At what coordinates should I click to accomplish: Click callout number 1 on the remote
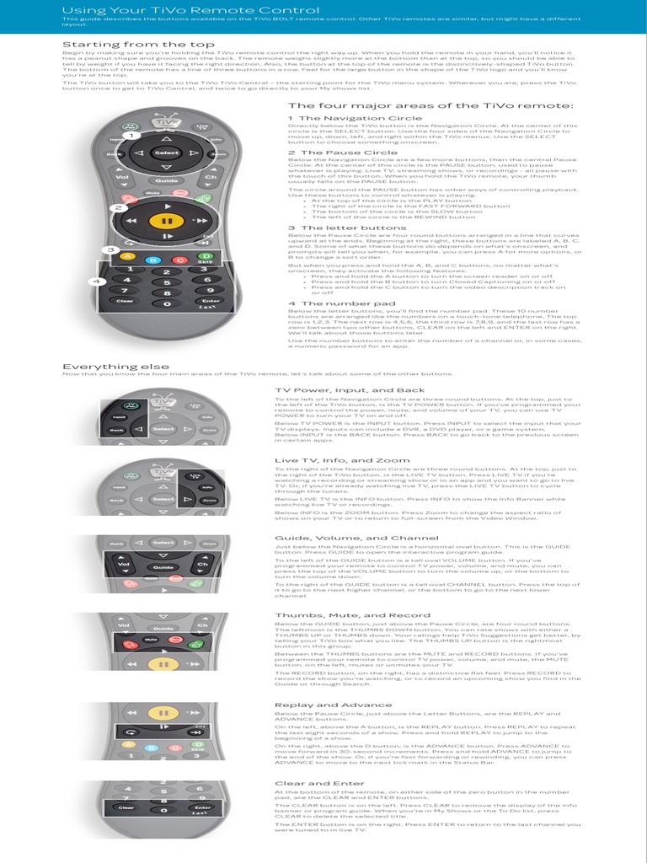[131, 135]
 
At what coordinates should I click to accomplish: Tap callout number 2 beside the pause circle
[120, 207]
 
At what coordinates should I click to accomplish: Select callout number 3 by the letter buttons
[110, 250]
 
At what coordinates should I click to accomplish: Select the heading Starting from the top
[126, 44]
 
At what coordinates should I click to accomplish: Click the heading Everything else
[115, 367]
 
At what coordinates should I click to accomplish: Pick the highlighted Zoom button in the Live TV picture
[209, 500]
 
